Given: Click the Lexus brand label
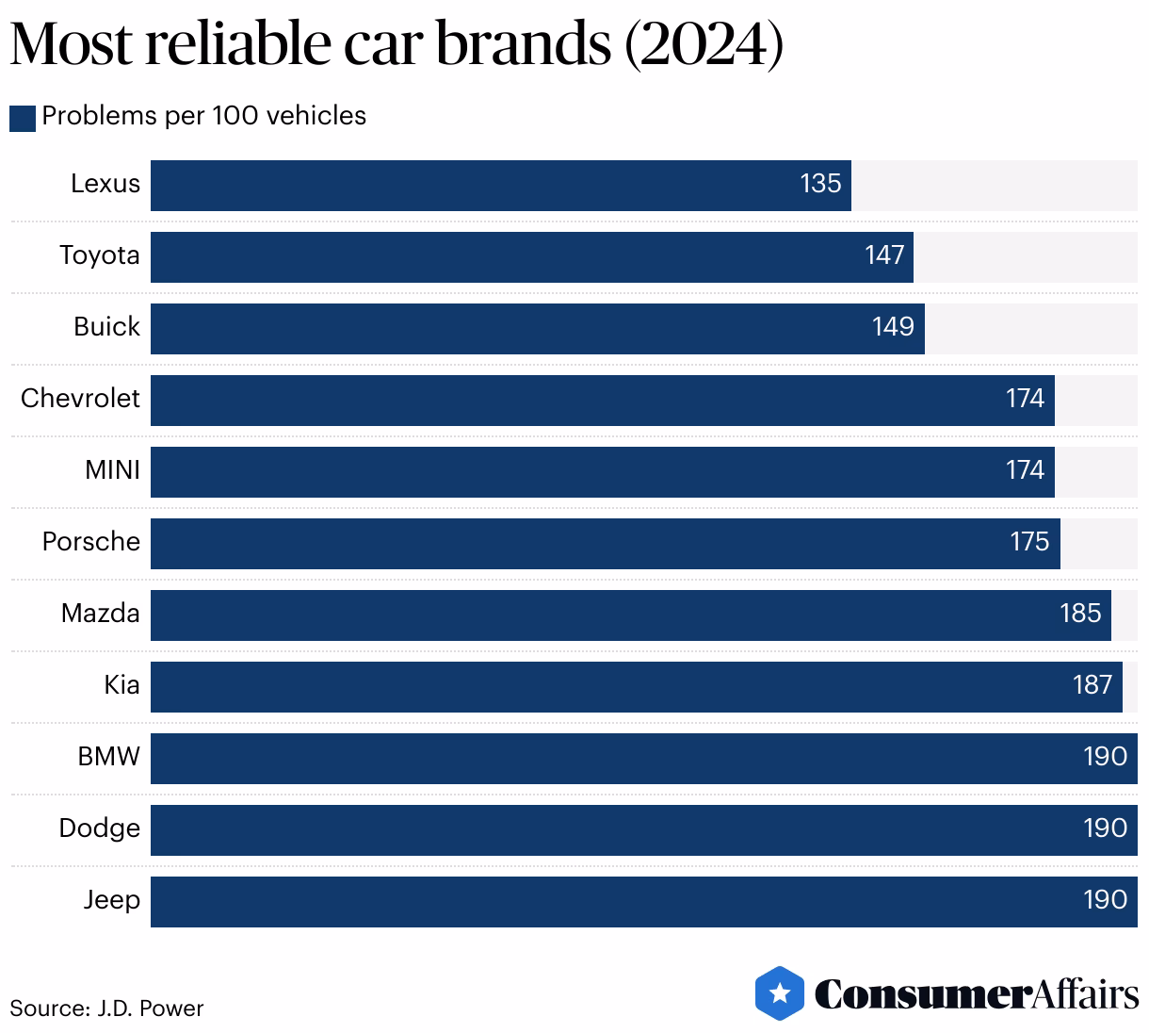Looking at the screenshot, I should tap(105, 184).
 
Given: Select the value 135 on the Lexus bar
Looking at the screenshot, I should tap(819, 184).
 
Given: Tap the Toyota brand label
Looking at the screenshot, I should tap(100, 255).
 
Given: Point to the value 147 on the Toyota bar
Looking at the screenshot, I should tap(884, 255).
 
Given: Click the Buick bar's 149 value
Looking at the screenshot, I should tap(893, 327).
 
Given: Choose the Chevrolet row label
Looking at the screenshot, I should tap(80, 399).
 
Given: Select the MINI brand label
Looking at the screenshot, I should tap(112, 470).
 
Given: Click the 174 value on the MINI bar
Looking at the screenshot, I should tap(1025, 470).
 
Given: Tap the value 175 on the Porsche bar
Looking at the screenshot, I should tap(1029, 542).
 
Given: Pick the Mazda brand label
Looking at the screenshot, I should tap(100, 614).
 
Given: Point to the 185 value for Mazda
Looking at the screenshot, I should tap(1080, 614).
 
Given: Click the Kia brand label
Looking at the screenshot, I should tap(121, 685).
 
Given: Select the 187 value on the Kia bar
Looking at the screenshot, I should tap(1092, 685).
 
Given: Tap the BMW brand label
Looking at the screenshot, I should tap(108, 757).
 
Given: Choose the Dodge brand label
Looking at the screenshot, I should tap(99, 828).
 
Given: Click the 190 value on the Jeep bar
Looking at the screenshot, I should tap(1105, 900).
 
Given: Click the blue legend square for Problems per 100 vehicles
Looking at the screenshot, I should tap(23, 118).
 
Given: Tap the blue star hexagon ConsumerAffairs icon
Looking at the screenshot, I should tap(779, 993).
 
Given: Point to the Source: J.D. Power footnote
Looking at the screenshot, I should tap(106, 1008).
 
